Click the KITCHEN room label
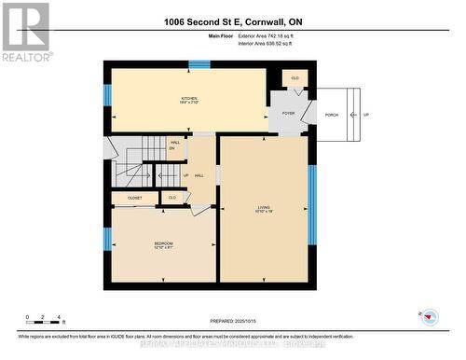(189, 100)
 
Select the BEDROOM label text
(163, 244)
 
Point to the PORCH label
(331, 115)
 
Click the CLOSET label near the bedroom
(135, 198)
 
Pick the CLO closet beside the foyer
(295, 78)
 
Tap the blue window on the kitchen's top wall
(199, 64)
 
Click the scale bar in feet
(43, 322)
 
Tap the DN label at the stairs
(172, 149)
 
